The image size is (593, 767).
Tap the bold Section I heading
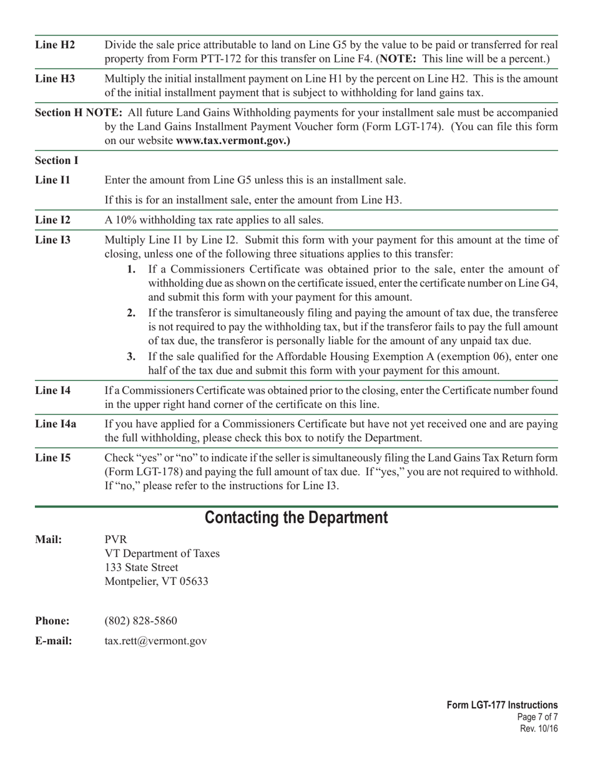57,161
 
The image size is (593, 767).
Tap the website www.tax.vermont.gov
233,141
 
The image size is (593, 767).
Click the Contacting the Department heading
296,518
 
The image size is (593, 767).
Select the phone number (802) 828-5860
140,621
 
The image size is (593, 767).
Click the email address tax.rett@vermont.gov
155,641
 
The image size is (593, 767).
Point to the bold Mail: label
49,540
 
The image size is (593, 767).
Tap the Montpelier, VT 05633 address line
156,582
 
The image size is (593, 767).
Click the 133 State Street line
141,568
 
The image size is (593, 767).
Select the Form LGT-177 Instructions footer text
502,705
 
